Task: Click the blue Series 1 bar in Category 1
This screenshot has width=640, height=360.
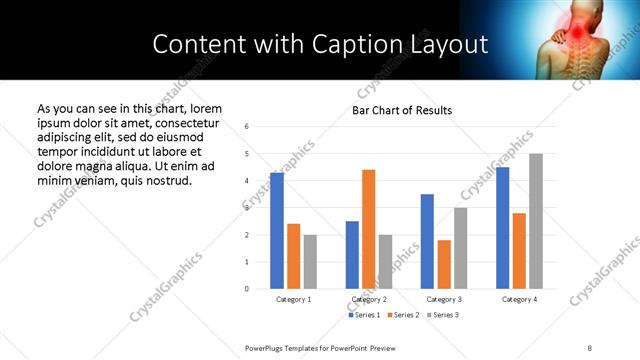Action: click(277, 231)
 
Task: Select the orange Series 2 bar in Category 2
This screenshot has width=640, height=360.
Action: click(368, 229)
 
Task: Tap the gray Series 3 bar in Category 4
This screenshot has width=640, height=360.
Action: click(536, 221)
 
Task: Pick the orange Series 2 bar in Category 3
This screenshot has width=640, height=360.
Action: click(444, 264)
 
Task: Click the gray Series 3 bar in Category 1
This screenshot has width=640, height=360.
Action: click(310, 262)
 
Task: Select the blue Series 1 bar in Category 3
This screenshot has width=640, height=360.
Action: click(427, 241)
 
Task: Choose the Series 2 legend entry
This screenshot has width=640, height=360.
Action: click(403, 315)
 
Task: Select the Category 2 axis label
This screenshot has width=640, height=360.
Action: click(369, 299)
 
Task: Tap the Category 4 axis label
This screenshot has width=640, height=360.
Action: click(520, 299)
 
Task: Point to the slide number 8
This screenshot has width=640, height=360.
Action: click(589, 347)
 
